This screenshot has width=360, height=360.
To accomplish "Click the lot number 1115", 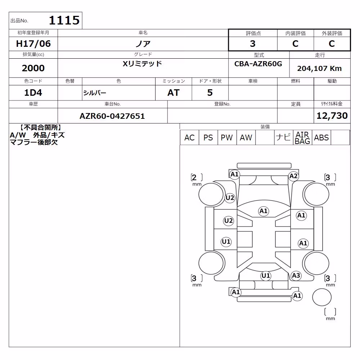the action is pos(64,20).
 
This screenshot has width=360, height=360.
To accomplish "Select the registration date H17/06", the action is pos(33,44).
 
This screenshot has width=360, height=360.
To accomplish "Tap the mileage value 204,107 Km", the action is pos(319,68).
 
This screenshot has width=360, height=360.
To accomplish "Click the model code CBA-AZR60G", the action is pos(258,64).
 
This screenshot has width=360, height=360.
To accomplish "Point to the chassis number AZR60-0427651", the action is pos(112,116).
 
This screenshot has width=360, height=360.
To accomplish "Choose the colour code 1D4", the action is pos(33,93).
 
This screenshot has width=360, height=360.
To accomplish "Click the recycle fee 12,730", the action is pos(332,116).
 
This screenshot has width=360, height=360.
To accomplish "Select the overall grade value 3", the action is pos(253,44).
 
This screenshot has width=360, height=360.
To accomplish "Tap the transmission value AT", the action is pos(174,93).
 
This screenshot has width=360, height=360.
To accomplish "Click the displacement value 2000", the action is pos(33,68).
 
